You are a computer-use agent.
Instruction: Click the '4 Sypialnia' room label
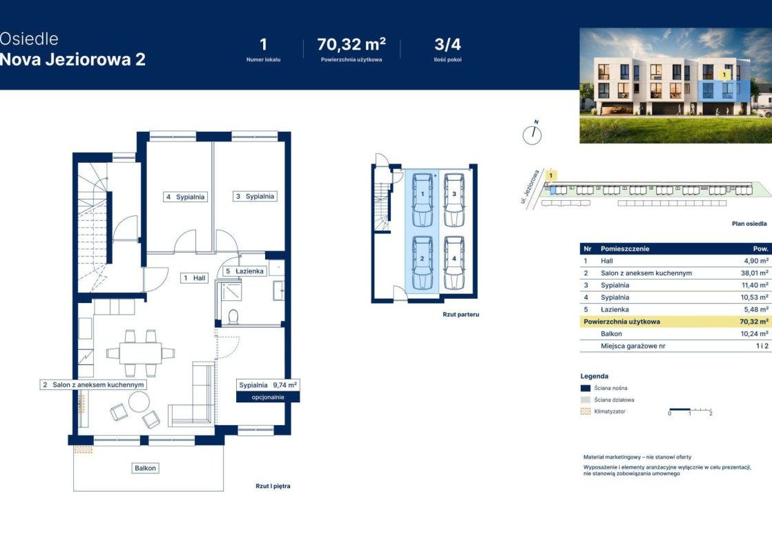[185, 197]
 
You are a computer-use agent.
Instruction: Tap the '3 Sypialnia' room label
[255, 196]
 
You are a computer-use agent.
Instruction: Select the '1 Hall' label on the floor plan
[195, 278]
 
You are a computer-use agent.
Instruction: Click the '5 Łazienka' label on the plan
[244, 271]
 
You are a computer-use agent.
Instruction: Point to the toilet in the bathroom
[233, 316]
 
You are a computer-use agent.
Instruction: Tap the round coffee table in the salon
[139, 402]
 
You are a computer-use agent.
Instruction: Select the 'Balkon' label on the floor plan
[145, 468]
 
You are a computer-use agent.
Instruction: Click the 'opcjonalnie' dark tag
[268, 398]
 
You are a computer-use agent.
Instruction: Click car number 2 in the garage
[422, 263]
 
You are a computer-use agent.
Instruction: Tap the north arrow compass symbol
[532, 133]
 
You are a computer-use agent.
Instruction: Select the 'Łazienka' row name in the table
[615, 310]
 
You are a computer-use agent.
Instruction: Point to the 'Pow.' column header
[761, 249]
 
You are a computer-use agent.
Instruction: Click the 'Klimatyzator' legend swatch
[586, 411]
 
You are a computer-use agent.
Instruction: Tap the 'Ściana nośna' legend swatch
[586, 388]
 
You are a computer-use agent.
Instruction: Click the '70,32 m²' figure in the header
[351, 44]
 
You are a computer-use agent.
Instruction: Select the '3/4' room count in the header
[447, 44]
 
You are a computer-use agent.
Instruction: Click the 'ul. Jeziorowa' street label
[530, 186]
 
